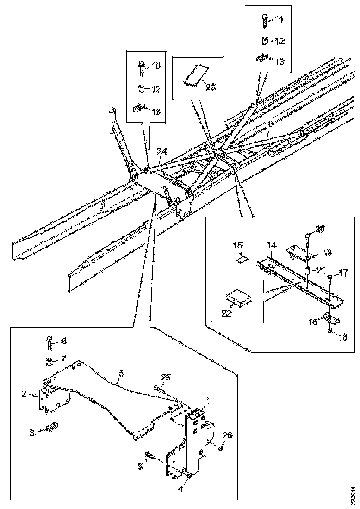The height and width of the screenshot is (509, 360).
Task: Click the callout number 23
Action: pos(211,87)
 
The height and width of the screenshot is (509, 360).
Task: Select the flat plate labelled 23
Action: pos(196,75)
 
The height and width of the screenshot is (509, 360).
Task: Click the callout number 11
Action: pos(279,19)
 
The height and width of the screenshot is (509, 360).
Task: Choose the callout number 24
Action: pos(161,151)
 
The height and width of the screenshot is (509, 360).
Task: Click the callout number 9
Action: pos(271,124)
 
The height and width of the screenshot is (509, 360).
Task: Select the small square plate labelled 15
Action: pos(242,259)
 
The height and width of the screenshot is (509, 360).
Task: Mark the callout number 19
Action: pos(328,252)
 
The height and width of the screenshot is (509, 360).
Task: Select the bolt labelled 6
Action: pos(49,343)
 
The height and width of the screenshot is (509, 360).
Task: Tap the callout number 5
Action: pos(121,372)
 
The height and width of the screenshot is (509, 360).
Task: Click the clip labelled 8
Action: pos(50,426)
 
